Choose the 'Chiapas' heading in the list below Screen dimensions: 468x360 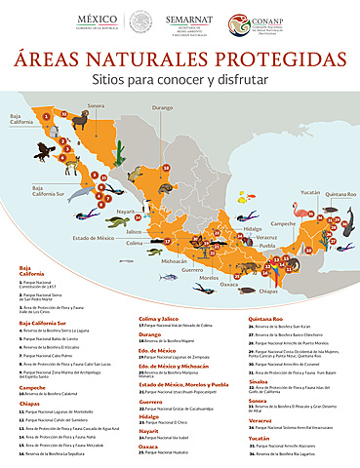click(28, 400)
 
